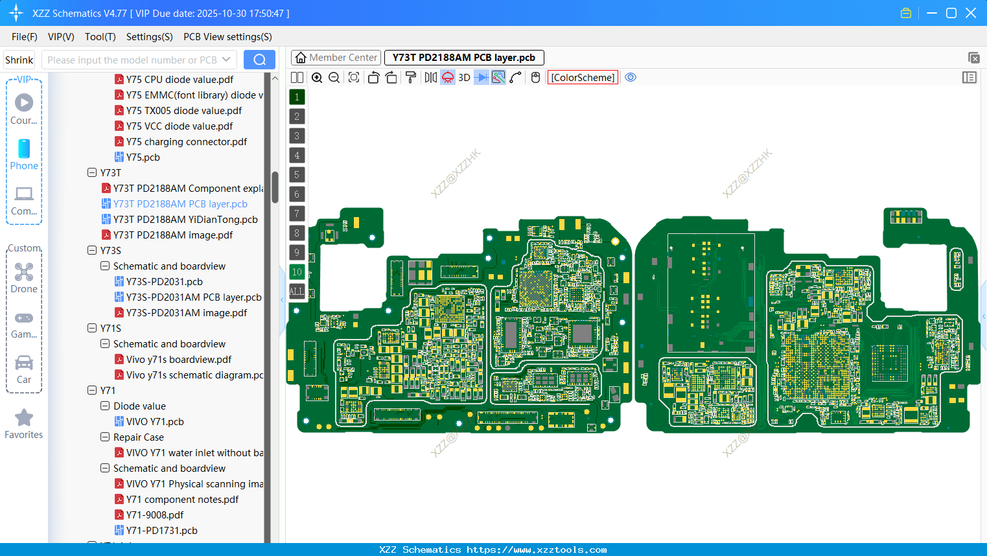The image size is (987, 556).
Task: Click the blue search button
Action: pos(259,60)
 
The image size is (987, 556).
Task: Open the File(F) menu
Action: pos(25,37)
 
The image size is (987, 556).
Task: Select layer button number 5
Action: pos(297,175)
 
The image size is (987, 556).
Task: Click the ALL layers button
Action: pos(297,292)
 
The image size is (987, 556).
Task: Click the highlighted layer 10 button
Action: pos(297,272)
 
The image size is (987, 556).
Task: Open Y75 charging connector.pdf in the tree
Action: pos(187,142)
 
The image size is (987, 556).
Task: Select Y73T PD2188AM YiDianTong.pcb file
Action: pos(185,220)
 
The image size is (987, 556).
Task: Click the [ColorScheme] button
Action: pos(583,78)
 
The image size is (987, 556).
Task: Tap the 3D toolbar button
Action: pos(464,78)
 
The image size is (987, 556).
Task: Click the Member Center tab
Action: pos(336,58)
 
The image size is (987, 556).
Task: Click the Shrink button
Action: pos(19,60)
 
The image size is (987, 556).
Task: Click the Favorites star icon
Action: pos(24,418)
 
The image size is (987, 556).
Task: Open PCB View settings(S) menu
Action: pos(227,37)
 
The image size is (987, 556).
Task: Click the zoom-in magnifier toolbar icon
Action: pos(317,78)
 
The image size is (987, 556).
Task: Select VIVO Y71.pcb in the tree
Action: pos(155,422)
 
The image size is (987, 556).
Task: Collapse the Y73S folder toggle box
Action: pos(92,251)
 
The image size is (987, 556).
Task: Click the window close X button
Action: pos(971,13)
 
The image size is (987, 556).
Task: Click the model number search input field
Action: pos(133,60)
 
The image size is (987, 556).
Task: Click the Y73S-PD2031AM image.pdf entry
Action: pos(187,313)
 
